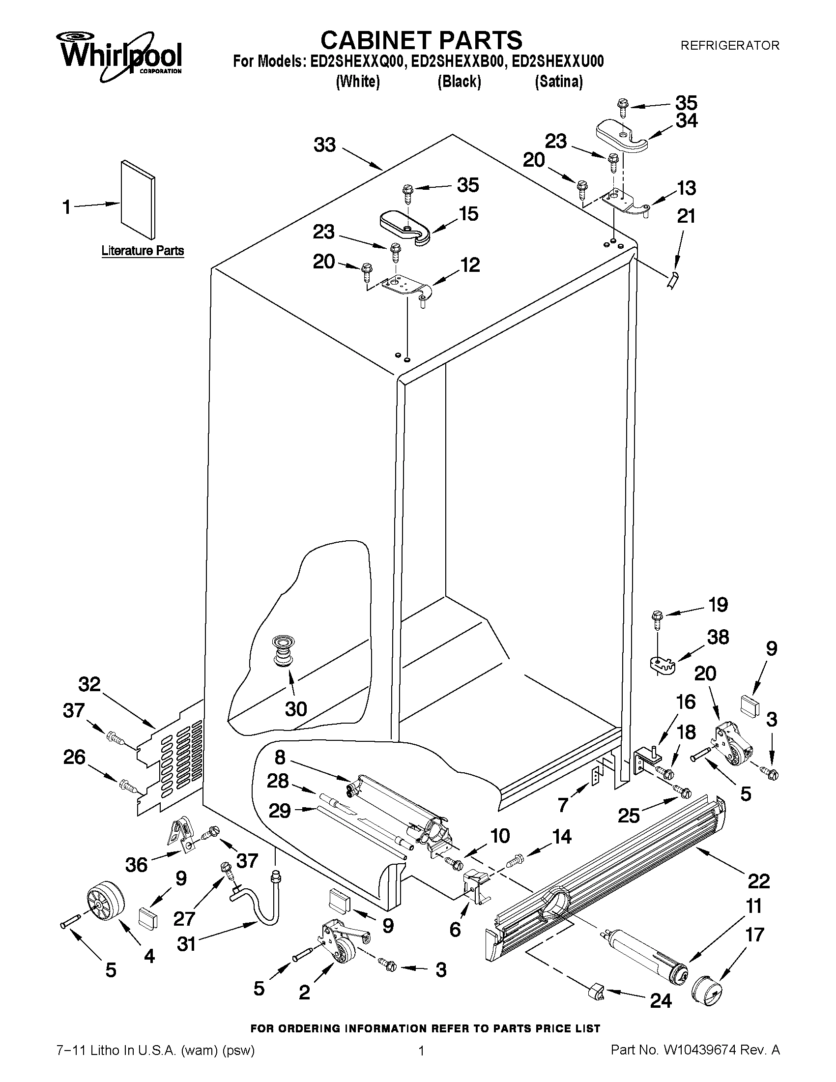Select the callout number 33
click(325, 145)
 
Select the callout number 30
click(296, 709)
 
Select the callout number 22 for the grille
click(758, 881)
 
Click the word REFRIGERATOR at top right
click(729, 46)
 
